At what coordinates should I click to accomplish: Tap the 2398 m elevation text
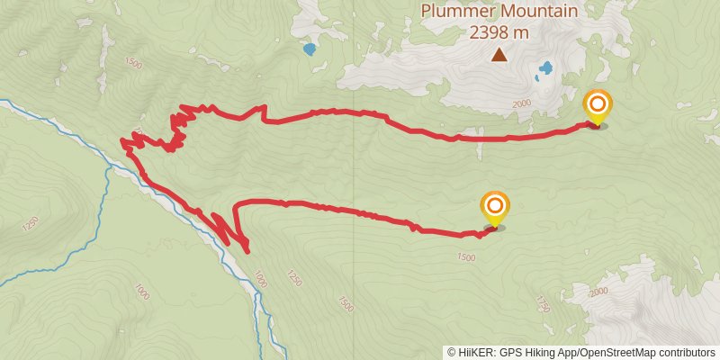(x=498, y=32)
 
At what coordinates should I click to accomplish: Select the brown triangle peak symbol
(x=499, y=56)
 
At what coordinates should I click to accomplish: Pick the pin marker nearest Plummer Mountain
(x=597, y=108)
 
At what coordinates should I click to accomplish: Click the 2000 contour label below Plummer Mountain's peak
(x=522, y=104)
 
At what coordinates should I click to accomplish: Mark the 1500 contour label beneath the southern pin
(x=465, y=257)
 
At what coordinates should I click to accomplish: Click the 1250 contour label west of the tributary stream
(x=32, y=221)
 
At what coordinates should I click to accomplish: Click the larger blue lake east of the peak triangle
(x=544, y=69)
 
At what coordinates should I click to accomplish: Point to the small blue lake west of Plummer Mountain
(x=310, y=49)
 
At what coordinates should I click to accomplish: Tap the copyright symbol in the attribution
(x=452, y=353)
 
